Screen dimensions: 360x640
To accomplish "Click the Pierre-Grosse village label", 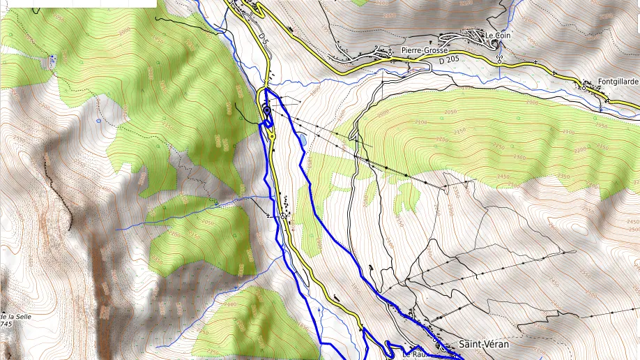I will [425, 50].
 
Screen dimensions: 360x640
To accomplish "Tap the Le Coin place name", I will [498, 36].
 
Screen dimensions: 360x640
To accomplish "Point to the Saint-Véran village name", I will [484, 345].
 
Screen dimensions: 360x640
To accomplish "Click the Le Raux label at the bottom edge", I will [414, 354].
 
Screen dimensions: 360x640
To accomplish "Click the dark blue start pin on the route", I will [266, 111].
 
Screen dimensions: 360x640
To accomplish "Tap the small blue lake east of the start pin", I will [303, 142].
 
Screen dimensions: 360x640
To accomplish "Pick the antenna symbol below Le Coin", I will [499, 57].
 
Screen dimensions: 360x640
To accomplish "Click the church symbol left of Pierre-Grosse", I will [381, 50].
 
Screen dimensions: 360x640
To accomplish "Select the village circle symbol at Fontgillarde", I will [584, 87].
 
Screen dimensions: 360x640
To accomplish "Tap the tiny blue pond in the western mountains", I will [99, 120].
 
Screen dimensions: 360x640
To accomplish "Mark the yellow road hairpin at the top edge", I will [257, 8].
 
